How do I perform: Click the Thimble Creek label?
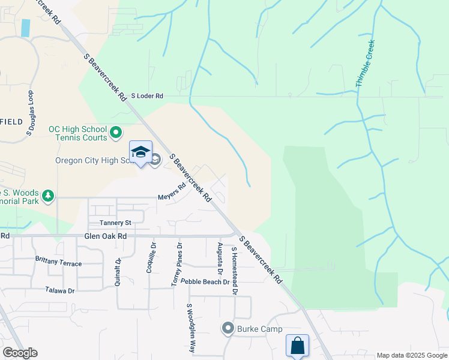[x=365, y=64]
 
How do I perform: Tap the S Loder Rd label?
[x=146, y=95]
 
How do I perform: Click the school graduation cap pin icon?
[x=140, y=152]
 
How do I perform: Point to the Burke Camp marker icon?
[x=228, y=328]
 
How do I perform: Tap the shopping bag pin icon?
[x=297, y=346]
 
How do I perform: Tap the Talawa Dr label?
[x=59, y=290]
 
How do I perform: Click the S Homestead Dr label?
[x=234, y=273]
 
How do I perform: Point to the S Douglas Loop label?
[x=29, y=115]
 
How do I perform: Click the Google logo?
[x=20, y=353]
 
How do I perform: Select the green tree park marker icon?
[x=47, y=196]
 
